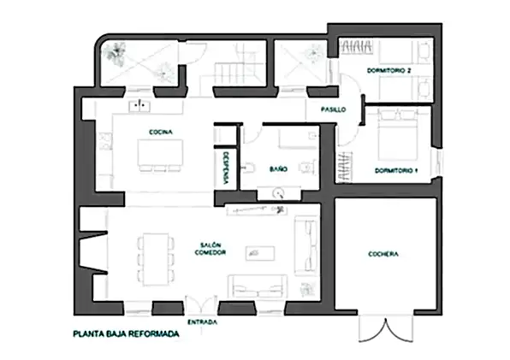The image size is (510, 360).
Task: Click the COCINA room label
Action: tap(160, 132)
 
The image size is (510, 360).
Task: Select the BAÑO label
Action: tap(278, 170)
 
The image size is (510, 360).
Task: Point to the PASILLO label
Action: tap(333, 110)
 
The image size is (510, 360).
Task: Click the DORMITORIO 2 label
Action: tap(388, 69)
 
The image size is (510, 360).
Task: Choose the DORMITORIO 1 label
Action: tap(396, 171)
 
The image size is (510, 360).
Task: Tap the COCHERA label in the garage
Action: tap(384, 255)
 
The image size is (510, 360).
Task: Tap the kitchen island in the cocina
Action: tap(161, 154)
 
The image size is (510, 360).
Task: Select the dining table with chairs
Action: tap(155, 258)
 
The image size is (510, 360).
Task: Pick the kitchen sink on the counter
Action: tap(139, 107)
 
